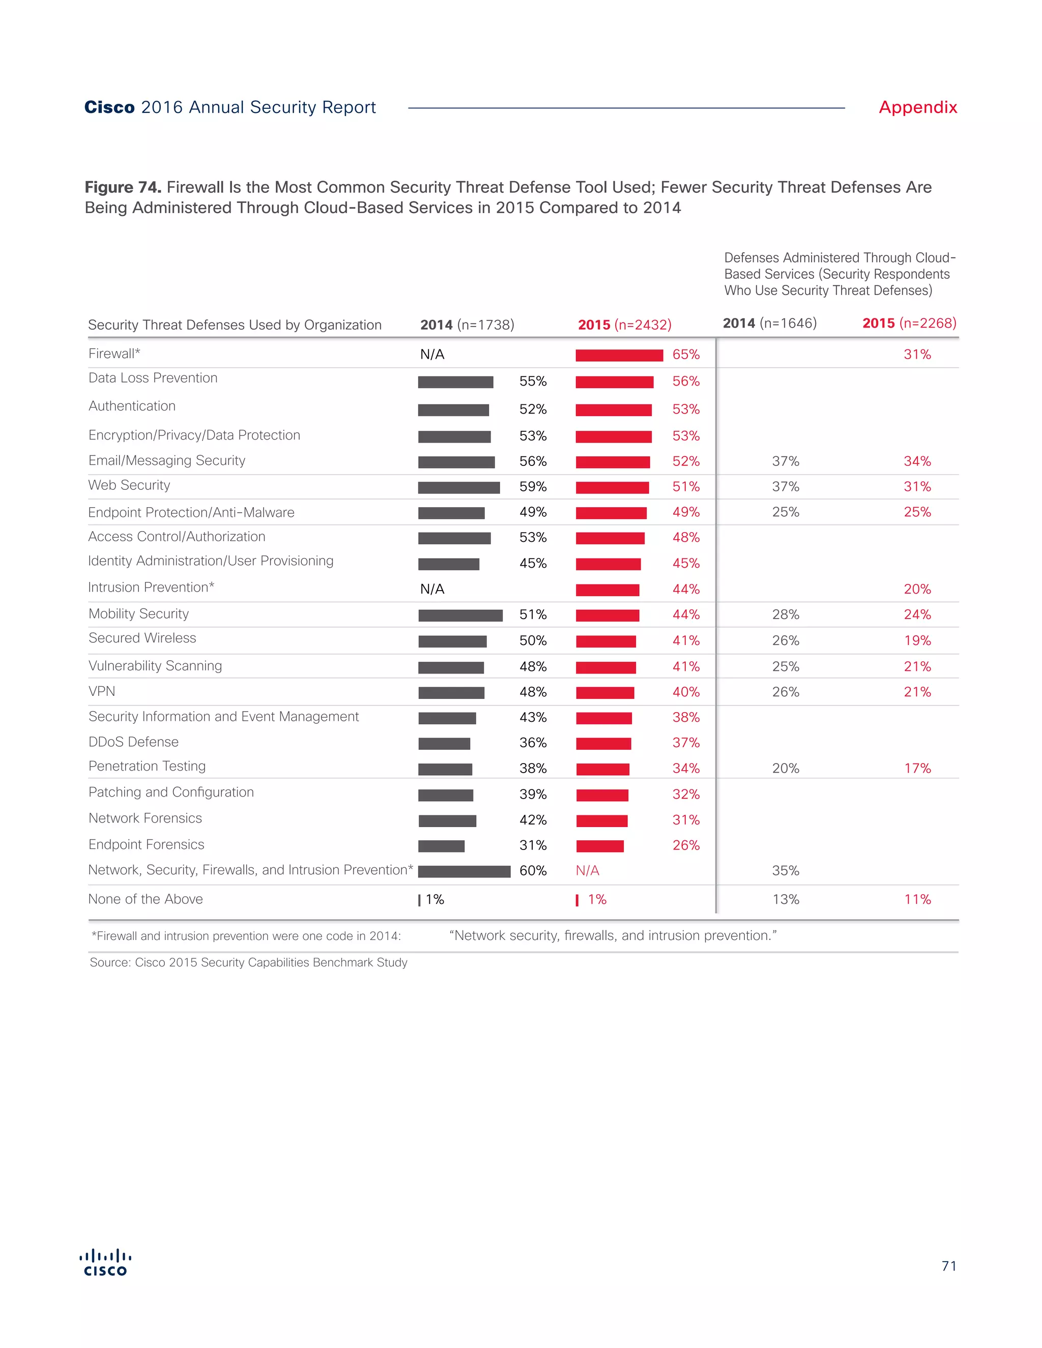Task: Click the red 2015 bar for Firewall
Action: [619, 355]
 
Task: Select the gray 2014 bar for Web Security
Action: [458, 488]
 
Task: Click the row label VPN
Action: [102, 691]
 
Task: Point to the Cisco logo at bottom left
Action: [105, 1262]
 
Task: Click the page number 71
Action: [949, 1266]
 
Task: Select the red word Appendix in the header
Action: [917, 107]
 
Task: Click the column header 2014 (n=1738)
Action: [467, 325]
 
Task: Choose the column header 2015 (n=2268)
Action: [909, 323]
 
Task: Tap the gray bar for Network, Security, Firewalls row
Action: [464, 871]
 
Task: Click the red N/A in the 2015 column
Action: [587, 870]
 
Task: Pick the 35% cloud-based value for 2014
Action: [785, 870]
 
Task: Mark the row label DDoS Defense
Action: [133, 742]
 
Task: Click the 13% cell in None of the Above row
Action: [785, 899]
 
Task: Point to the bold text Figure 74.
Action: [123, 187]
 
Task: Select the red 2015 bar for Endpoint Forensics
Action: [600, 846]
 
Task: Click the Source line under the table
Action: [248, 962]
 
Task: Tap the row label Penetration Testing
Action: [147, 766]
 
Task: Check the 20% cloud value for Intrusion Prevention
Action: [917, 589]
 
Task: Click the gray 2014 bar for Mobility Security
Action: [460, 616]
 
